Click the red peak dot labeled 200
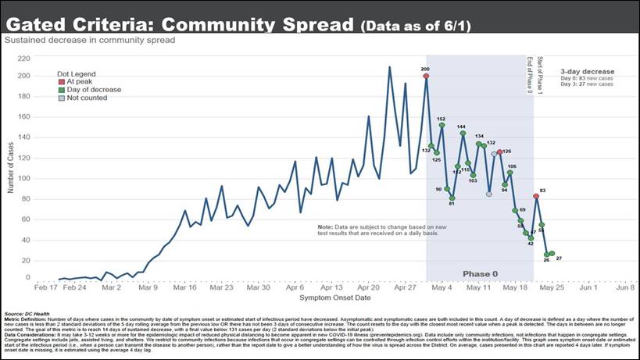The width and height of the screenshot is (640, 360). (426, 77)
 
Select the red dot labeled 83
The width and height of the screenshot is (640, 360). (536, 197)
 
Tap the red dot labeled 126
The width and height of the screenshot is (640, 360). (499, 152)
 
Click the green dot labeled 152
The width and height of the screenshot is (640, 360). (442, 125)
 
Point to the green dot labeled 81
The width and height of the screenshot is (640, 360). (452, 198)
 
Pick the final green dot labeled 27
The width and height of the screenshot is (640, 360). (552, 254)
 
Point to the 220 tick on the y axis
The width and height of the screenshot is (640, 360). (45, 58)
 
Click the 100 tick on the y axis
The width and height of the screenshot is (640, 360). (45, 179)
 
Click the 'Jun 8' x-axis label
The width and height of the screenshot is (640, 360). (624, 287)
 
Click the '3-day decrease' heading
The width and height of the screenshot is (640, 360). (586, 71)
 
